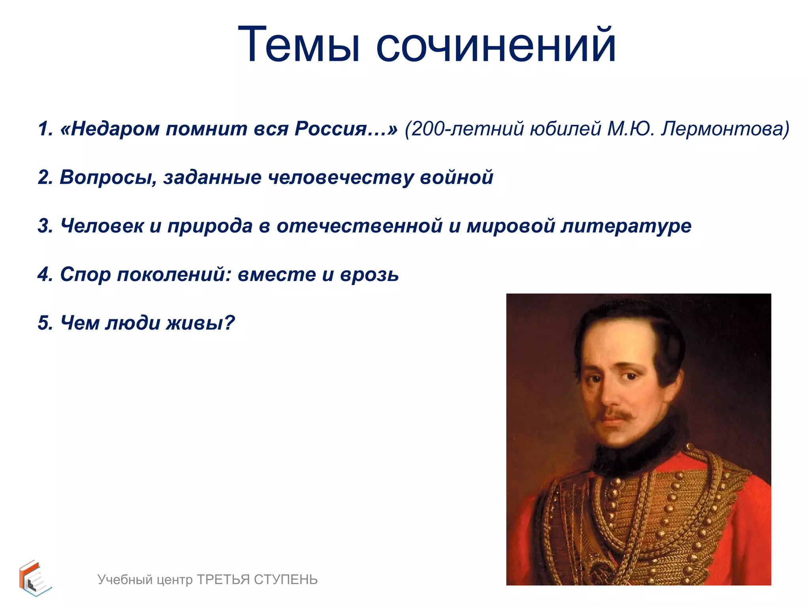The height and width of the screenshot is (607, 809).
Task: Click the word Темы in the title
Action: (x=299, y=44)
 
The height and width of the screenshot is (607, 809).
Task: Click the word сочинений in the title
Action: (x=496, y=44)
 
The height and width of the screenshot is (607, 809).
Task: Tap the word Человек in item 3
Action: (x=102, y=226)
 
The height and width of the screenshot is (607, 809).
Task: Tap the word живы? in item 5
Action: (x=200, y=323)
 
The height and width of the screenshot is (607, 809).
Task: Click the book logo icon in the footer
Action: (x=35, y=578)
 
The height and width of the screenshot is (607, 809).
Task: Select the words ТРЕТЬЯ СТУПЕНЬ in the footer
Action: (x=257, y=580)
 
